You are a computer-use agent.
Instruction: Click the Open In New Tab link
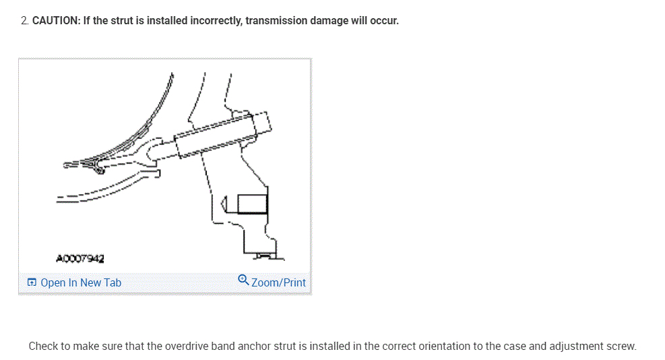81,282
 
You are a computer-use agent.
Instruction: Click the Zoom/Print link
278,282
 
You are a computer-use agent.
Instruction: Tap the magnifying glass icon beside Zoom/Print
244,281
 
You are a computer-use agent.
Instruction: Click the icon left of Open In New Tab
32,282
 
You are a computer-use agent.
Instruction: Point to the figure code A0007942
80,258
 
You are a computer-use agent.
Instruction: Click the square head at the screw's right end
263,123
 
